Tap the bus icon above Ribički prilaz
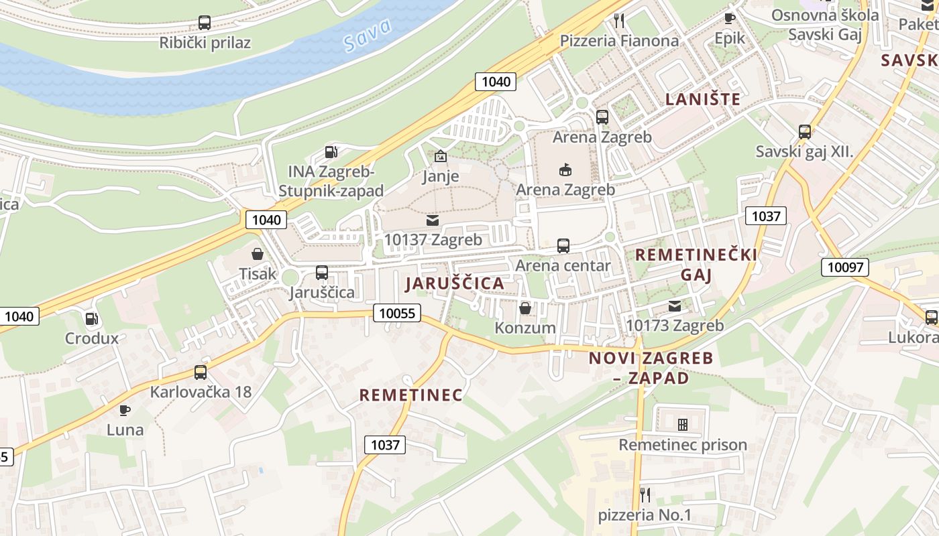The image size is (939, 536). tap(205, 23)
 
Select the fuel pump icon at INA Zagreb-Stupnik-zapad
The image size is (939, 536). tap(331, 151)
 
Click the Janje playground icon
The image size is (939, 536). tap(441, 156)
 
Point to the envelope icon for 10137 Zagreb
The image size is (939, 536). tap(433, 220)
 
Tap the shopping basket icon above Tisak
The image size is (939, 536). tap(257, 254)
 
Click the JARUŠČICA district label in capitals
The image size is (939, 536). tap(455, 283)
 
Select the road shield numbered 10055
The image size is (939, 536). tap(397, 313)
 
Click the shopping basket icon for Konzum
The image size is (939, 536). tap(525, 308)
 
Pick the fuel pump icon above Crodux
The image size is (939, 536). tap(92, 319)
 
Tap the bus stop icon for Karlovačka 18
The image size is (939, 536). tap(200, 372)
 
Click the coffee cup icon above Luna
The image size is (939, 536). tap(124, 409)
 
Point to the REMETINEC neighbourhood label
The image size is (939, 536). tap(410, 395)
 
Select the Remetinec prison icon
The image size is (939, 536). tap(683, 425)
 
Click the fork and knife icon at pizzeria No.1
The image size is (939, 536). tap(645, 495)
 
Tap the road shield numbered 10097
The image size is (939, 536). tap(844, 267)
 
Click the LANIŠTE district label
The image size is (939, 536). tap(703, 100)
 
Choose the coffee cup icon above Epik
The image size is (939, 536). tap(730, 18)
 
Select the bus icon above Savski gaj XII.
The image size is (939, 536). tap(805, 132)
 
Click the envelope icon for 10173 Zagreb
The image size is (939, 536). tap(675, 306)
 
